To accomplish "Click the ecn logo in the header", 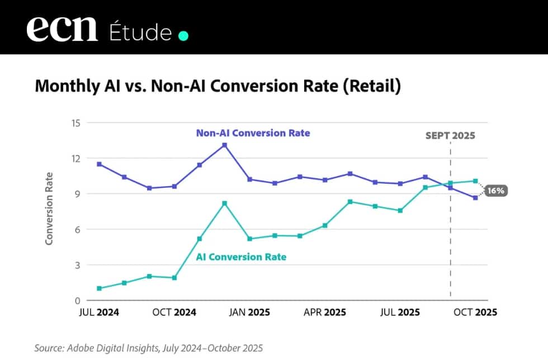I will [62, 28].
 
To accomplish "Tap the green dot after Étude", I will [183, 36].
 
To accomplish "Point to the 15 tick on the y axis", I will [75, 123].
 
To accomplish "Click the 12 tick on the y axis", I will [75, 159].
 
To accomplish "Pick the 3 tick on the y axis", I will [78, 265].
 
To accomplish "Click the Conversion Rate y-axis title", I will [49, 208].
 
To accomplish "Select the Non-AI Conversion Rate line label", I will [253, 133].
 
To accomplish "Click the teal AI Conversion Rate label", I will [241, 257].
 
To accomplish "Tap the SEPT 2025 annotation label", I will [450, 136].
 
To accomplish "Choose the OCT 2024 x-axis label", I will [174, 312].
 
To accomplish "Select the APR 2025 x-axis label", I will [324, 312].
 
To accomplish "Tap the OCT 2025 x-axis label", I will [474, 312].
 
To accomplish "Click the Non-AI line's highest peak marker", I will [224, 145].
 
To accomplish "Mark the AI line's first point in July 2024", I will [99, 288].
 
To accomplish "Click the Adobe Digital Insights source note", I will [148, 348].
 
